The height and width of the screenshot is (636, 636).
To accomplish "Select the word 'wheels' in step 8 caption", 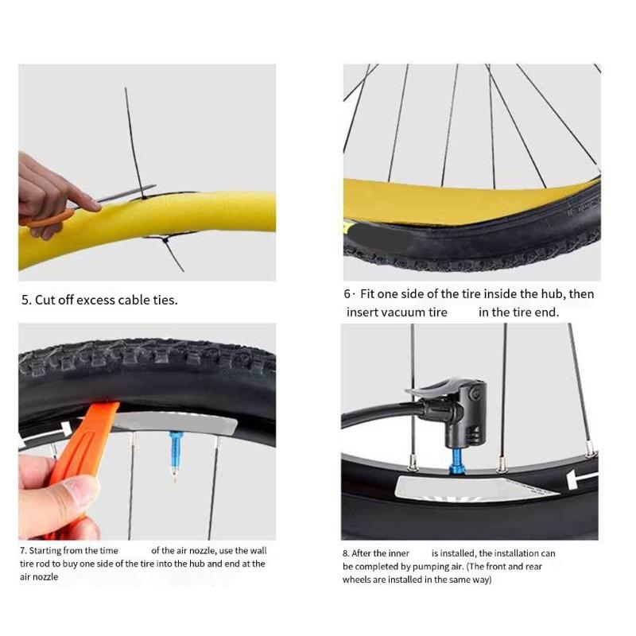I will (358, 580).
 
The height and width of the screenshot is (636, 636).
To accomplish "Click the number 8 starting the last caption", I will (346, 553).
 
